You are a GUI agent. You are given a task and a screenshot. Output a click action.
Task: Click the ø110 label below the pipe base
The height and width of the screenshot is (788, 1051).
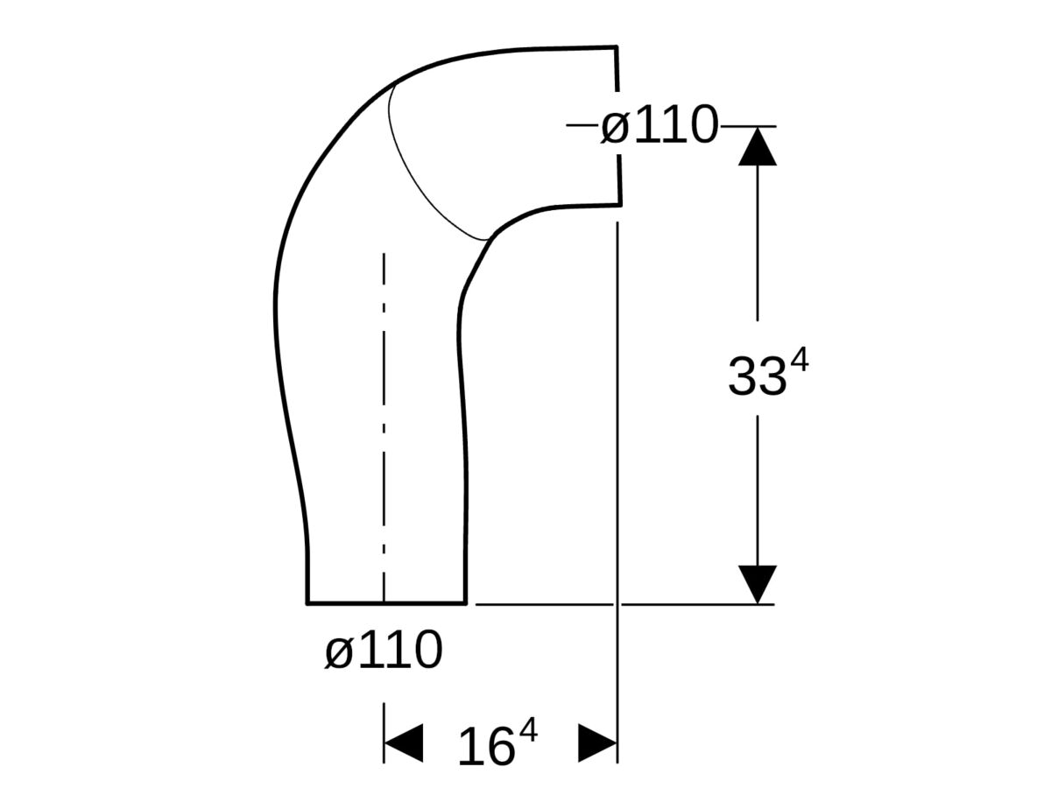click(x=383, y=651)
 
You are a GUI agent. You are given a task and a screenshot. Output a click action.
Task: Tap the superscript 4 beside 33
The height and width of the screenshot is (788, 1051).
click(x=799, y=358)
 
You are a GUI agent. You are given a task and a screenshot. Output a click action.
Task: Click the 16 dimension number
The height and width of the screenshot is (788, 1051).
click(x=485, y=747)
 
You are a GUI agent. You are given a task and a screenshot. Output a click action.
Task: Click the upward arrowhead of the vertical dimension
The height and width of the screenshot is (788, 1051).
click(x=758, y=145)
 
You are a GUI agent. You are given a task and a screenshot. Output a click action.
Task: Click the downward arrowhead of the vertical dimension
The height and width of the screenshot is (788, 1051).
click(x=758, y=583)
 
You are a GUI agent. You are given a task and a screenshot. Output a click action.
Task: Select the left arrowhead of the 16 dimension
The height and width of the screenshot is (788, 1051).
click(x=402, y=743)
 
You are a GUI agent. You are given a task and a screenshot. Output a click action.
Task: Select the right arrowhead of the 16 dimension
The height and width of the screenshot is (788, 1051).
click(x=599, y=743)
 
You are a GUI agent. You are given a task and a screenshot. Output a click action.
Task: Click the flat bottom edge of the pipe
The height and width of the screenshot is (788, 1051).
click(x=385, y=602)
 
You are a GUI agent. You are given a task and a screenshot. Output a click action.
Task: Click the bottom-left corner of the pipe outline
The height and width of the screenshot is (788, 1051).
click(x=307, y=602)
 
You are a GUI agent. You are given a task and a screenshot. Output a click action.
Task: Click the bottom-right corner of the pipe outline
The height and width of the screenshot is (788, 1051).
click(x=464, y=602)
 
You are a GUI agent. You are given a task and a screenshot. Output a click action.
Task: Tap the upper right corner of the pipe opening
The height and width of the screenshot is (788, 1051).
click(x=618, y=46)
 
